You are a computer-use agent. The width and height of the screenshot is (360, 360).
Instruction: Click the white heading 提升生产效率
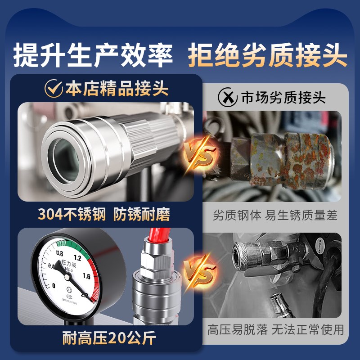[94, 56]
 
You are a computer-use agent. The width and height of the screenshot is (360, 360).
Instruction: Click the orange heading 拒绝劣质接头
[267, 56]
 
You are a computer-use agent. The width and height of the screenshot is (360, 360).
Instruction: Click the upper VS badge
[199, 154]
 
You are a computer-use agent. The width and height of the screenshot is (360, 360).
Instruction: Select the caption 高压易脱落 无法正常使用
[275, 329]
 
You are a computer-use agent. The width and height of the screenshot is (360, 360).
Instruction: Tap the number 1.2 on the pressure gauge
[76, 258]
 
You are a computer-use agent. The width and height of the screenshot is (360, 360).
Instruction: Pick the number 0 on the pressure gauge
[54, 285]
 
